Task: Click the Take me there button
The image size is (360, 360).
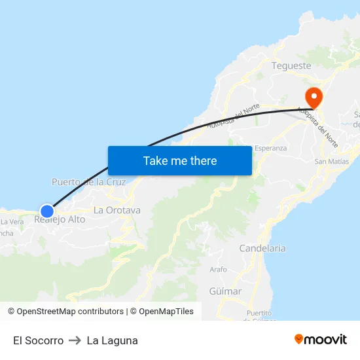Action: (179, 160)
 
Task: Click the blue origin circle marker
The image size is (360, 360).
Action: (46, 211)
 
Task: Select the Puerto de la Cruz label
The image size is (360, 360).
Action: (88, 182)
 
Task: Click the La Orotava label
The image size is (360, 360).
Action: (117, 210)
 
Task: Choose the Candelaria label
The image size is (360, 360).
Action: (262, 248)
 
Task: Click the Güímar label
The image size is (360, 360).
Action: (226, 291)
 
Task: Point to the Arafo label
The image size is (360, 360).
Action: (218, 269)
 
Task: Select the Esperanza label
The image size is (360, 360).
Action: (270, 148)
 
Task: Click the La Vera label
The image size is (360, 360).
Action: (12, 222)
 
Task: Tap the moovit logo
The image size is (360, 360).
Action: (321, 339)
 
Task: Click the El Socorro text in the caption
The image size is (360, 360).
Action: (38, 340)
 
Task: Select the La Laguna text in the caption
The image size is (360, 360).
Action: (112, 340)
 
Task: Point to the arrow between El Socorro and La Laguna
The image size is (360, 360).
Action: (75, 340)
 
